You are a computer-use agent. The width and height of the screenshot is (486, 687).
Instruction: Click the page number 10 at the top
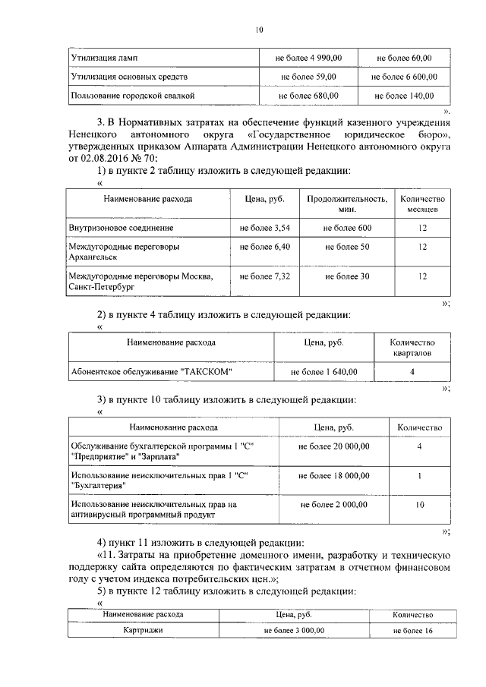click(x=258, y=30)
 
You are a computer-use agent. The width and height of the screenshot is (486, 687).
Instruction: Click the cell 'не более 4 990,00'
click(x=309, y=58)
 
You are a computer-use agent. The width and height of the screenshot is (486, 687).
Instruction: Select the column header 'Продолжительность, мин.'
click(x=339, y=203)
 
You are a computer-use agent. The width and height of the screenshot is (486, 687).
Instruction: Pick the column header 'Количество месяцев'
click(x=422, y=203)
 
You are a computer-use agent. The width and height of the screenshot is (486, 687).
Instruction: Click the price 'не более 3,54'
click(x=264, y=228)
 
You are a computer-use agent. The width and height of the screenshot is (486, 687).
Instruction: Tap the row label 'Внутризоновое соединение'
click(x=121, y=228)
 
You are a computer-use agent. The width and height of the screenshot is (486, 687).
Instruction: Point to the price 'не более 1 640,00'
click(x=324, y=372)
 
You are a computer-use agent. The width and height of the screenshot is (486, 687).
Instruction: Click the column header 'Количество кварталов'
click(x=412, y=348)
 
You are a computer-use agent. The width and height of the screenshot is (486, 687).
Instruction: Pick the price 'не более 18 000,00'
click(x=334, y=475)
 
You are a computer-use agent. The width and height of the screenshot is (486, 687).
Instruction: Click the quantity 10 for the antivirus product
click(x=420, y=504)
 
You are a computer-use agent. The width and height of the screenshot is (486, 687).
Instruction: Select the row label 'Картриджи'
click(x=143, y=630)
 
